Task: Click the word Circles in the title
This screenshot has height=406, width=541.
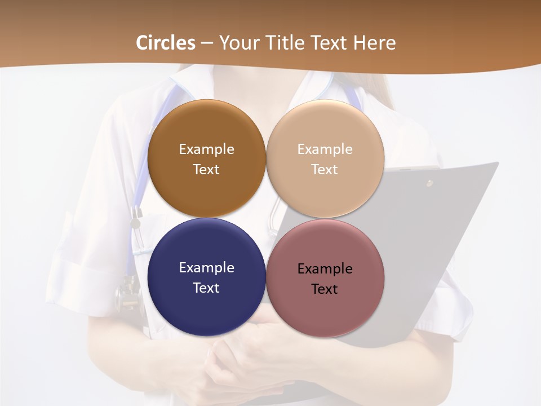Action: (166, 43)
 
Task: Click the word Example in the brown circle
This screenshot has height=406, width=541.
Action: (206, 149)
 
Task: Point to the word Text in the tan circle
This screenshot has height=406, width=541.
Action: (325, 169)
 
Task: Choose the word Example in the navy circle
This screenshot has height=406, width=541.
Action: (206, 267)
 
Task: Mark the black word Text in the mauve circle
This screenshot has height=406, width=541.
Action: (325, 289)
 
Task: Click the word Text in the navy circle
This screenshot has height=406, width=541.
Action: (206, 288)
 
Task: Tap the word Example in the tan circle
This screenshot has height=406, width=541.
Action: (325, 149)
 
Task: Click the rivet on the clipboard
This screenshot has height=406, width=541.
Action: (429, 183)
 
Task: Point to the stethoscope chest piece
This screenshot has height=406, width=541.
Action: (127, 293)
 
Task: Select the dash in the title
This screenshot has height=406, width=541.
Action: (207, 43)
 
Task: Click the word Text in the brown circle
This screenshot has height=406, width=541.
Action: (206, 169)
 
